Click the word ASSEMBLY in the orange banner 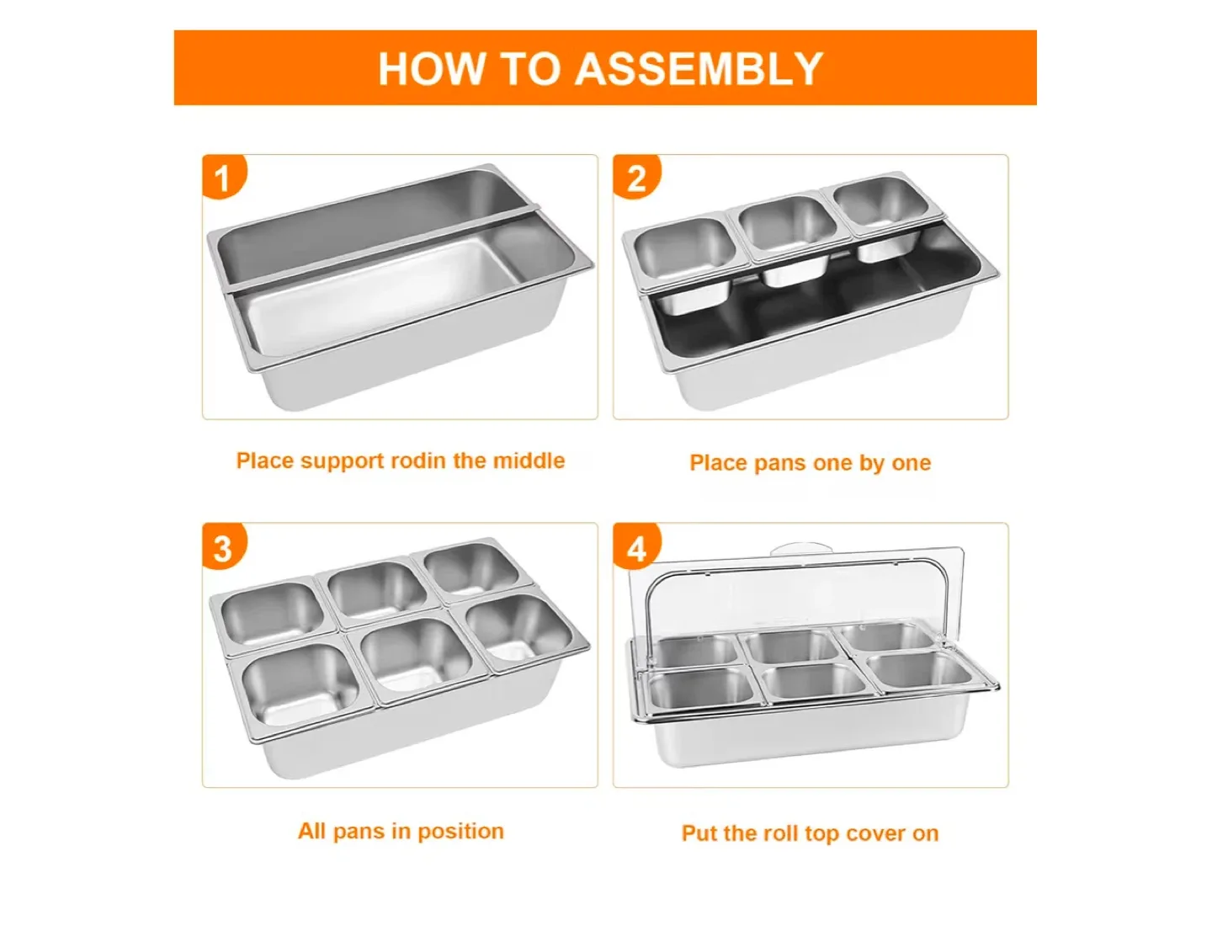click(x=698, y=69)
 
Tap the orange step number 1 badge click(x=222, y=178)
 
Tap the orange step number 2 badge click(x=636, y=178)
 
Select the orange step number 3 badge click(x=222, y=548)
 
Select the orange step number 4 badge click(x=636, y=548)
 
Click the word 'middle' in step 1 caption click(x=528, y=460)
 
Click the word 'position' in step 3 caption click(x=460, y=831)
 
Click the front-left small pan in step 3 click(x=300, y=686)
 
